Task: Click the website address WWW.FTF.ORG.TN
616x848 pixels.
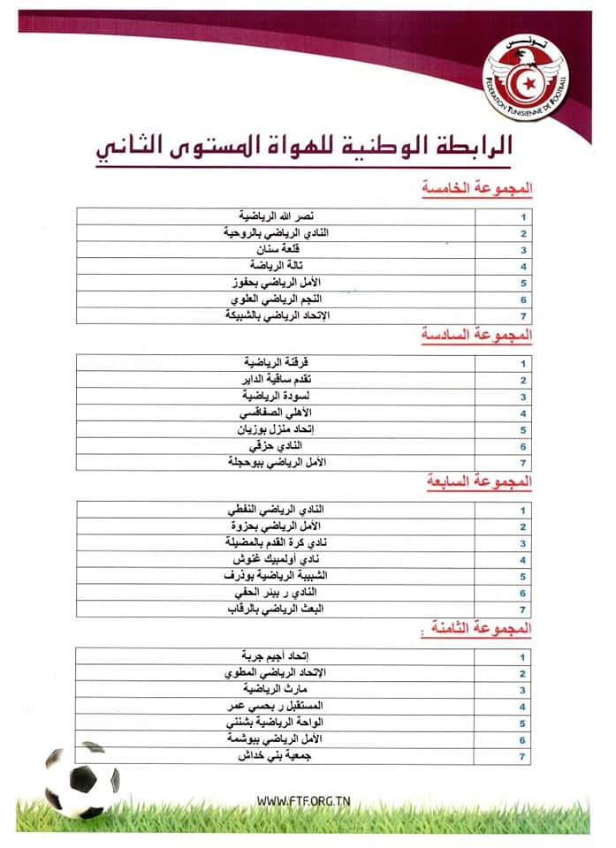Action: [x=303, y=800]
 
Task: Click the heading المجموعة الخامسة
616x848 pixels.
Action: [x=479, y=189]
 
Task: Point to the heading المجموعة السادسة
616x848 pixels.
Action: [x=479, y=336]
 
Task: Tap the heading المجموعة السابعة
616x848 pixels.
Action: [x=481, y=482]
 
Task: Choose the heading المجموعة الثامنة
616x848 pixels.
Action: [x=481, y=629]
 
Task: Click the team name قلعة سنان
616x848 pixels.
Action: [x=277, y=249]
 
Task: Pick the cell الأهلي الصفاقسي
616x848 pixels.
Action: [x=277, y=413]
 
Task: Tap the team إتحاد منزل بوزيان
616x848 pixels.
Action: [x=277, y=429]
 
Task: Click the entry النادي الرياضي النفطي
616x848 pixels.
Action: [x=277, y=510]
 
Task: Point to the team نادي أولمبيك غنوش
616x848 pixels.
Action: [x=277, y=560]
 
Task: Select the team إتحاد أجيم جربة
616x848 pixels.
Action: [x=277, y=656]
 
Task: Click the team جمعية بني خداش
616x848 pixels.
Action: [x=277, y=756]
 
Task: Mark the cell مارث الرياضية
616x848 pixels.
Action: [x=277, y=689]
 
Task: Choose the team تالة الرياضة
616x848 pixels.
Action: [x=277, y=266]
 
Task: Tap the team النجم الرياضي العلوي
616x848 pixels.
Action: [x=277, y=299]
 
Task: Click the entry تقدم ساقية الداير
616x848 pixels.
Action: [x=277, y=379]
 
